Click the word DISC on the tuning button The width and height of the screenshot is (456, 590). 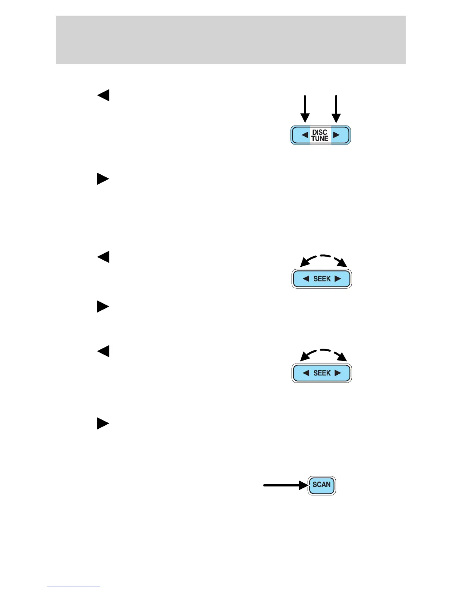click(x=320, y=132)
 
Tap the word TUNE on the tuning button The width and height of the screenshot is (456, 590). click(x=320, y=139)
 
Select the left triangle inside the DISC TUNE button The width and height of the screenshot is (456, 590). click(x=305, y=135)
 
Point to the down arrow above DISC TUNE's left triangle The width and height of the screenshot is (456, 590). click(x=305, y=109)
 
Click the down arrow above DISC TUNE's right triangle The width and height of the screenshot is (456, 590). click(x=336, y=109)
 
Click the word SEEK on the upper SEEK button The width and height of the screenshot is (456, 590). click(x=322, y=279)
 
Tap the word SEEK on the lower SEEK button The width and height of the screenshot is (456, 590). click(x=322, y=373)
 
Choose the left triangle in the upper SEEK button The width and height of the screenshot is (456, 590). click(x=306, y=279)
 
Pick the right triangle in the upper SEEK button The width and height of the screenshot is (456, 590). click(x=338, y=279)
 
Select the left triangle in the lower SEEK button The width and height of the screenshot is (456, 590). click(x=306, y=373)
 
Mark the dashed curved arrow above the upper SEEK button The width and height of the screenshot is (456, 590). click(x=323, y=259)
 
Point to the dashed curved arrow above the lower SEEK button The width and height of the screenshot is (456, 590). click(x=323, y=353)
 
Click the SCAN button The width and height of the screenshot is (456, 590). click(x=322, y=485)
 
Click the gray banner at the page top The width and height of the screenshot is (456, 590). click(x=231, y=40)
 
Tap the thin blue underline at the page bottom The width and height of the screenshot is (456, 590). click(x=74, y=587)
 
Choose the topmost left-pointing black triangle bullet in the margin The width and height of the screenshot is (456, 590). click(x=103, y=95)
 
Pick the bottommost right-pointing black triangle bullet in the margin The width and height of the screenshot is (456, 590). click(x=103, y=424)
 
